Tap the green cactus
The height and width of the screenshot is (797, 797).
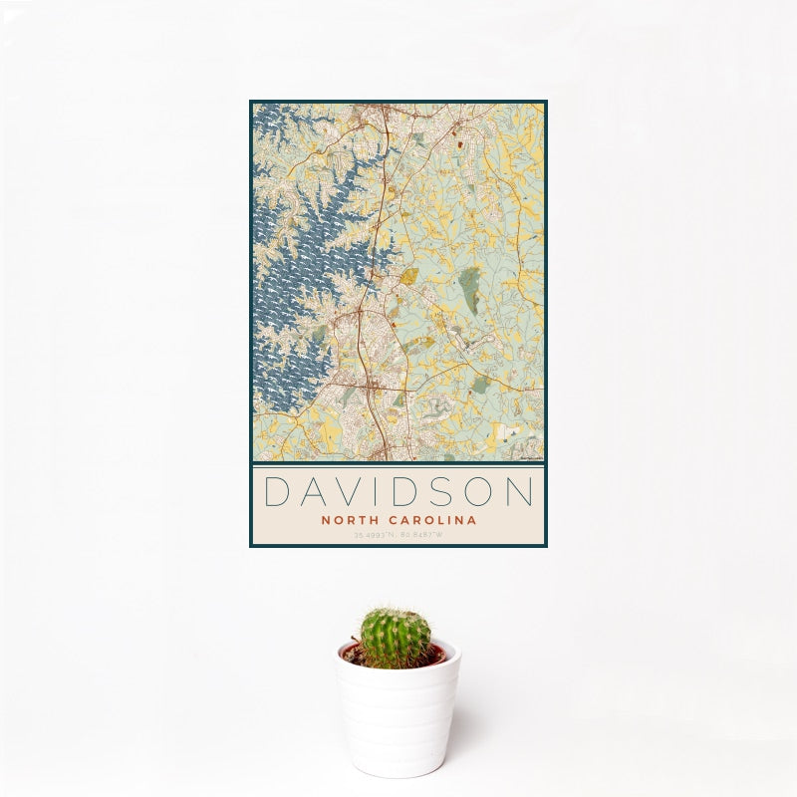(x=396, y=639)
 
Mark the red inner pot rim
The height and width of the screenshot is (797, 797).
(x=437, y=655)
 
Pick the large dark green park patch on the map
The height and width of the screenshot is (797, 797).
(x=468, y=288)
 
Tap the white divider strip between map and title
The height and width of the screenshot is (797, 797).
(x=398, y=463)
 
